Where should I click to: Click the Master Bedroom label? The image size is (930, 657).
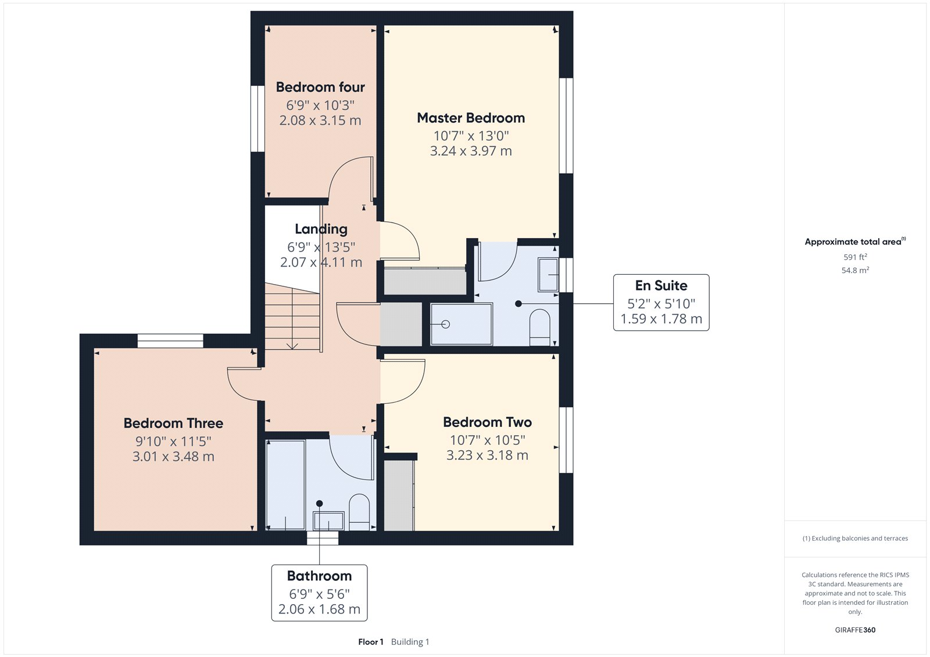[471, 118]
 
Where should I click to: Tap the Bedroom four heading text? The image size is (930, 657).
[320, 87]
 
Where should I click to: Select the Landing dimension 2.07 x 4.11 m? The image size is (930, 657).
[321, 263]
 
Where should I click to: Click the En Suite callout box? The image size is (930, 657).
[661, 303]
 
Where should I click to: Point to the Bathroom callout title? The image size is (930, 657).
[319, 576]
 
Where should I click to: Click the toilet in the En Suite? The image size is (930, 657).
[540, 327]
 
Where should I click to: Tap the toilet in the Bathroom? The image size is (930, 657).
[359, 511]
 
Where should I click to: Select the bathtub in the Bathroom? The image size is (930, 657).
[285, 485]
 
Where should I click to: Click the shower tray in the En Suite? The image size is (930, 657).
[461, 324]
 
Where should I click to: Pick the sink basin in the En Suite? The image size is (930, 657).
[548, 274]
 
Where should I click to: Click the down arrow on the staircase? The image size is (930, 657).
[292, 345]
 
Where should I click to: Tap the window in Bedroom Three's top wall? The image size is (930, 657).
[170, 341]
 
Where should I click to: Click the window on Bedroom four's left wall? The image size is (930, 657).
[257, 119]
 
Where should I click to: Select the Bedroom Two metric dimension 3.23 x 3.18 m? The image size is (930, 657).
[487, 455]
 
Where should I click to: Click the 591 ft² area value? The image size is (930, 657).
[855, 257]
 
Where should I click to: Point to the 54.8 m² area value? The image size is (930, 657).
[855, 270]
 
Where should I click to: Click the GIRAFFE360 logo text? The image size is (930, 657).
[855, 630]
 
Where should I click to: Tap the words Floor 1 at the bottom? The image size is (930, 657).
[371, 642]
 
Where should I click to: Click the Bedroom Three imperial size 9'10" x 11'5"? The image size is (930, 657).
[173, 441]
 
